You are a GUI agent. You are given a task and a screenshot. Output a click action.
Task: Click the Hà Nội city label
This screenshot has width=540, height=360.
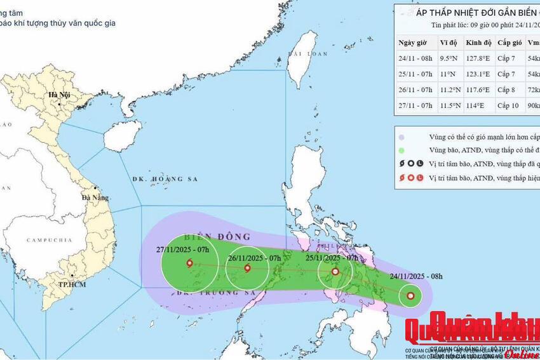point(55,95)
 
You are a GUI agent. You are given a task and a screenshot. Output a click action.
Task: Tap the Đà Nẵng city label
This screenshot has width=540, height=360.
point(94,197)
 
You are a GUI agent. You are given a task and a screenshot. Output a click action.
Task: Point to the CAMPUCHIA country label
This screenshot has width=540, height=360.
point(49,241)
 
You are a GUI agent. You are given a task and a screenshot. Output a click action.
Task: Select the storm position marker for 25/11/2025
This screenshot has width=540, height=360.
point(335,272)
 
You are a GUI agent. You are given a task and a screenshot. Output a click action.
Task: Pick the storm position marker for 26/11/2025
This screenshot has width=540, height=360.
point(247,268)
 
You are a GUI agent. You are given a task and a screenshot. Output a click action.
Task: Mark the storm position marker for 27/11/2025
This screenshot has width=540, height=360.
point(189,263)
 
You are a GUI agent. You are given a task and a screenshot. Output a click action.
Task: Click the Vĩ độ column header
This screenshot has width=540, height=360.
point(449,43)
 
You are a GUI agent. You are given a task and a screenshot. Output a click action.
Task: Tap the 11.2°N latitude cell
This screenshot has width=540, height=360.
point(450,90)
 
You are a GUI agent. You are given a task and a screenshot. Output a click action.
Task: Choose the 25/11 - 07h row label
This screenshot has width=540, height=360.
point(415,74)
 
